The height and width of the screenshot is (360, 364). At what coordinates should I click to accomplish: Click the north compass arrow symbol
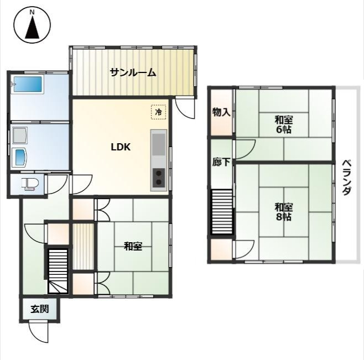[x=32, y=26]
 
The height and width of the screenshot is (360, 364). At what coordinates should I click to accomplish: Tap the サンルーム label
[x=133, y=72]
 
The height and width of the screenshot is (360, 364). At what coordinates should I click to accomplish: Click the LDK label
[x=121, y=147]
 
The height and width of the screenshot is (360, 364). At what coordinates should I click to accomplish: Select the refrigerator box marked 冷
[x=159, y=112]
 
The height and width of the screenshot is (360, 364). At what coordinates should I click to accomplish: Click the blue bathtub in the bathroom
[x=28, y=84]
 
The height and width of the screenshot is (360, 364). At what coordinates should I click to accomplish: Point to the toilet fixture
[x=28, y=185]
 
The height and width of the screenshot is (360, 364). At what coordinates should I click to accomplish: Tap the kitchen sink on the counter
[x=159, y=145]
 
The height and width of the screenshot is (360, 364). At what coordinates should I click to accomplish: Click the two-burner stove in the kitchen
[x=159, y=178]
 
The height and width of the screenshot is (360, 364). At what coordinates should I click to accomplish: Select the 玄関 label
[x=40, y=309]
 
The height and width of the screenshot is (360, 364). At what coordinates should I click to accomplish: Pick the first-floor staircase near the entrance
[x=58, y=272]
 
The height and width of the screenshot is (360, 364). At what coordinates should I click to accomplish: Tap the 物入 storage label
[x=221, y=113]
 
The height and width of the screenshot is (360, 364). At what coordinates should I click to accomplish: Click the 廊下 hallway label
[x=221, y=162]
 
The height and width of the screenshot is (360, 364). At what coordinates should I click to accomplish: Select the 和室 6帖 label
[x=284, y=125]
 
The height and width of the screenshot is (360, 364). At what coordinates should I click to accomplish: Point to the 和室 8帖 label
[x=284, y=212]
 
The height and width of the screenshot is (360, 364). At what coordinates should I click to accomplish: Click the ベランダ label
[x=346, y=178]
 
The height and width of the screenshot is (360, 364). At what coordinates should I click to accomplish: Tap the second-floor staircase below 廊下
[x=221, y=212]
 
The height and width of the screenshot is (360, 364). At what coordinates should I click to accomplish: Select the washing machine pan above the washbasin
[x=19, y=135]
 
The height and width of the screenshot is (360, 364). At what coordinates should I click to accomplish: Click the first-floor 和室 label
[x=133, y=246]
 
